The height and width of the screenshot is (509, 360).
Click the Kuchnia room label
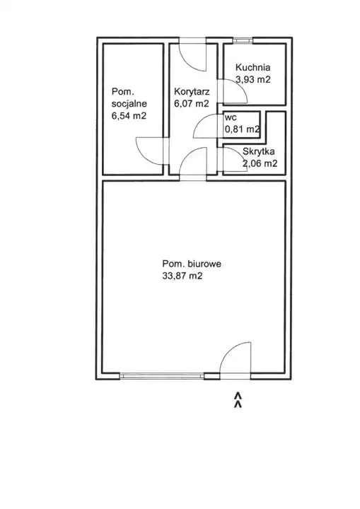(252, 68)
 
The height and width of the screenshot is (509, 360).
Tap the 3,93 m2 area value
(252, 79)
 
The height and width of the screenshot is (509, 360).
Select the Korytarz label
(192, 91)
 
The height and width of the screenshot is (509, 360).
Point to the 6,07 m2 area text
(192, 103)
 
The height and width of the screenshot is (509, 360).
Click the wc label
(231, 117)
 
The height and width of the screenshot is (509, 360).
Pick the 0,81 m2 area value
(243, 129)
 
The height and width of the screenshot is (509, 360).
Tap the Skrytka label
(259, 151)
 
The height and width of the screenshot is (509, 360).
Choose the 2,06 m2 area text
(260, 163)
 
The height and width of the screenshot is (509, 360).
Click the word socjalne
(129, 104)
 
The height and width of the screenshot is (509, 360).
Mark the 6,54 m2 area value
(129, 115)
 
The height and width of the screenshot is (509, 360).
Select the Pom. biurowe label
(192, 264)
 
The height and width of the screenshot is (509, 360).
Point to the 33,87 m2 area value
(182, 276)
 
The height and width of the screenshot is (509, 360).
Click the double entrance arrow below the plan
(238, 399)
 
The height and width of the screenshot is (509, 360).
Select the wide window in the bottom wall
(161, 376)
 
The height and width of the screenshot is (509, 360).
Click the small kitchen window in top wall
(243, 40)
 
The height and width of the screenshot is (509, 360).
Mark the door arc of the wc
(200, 121)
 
